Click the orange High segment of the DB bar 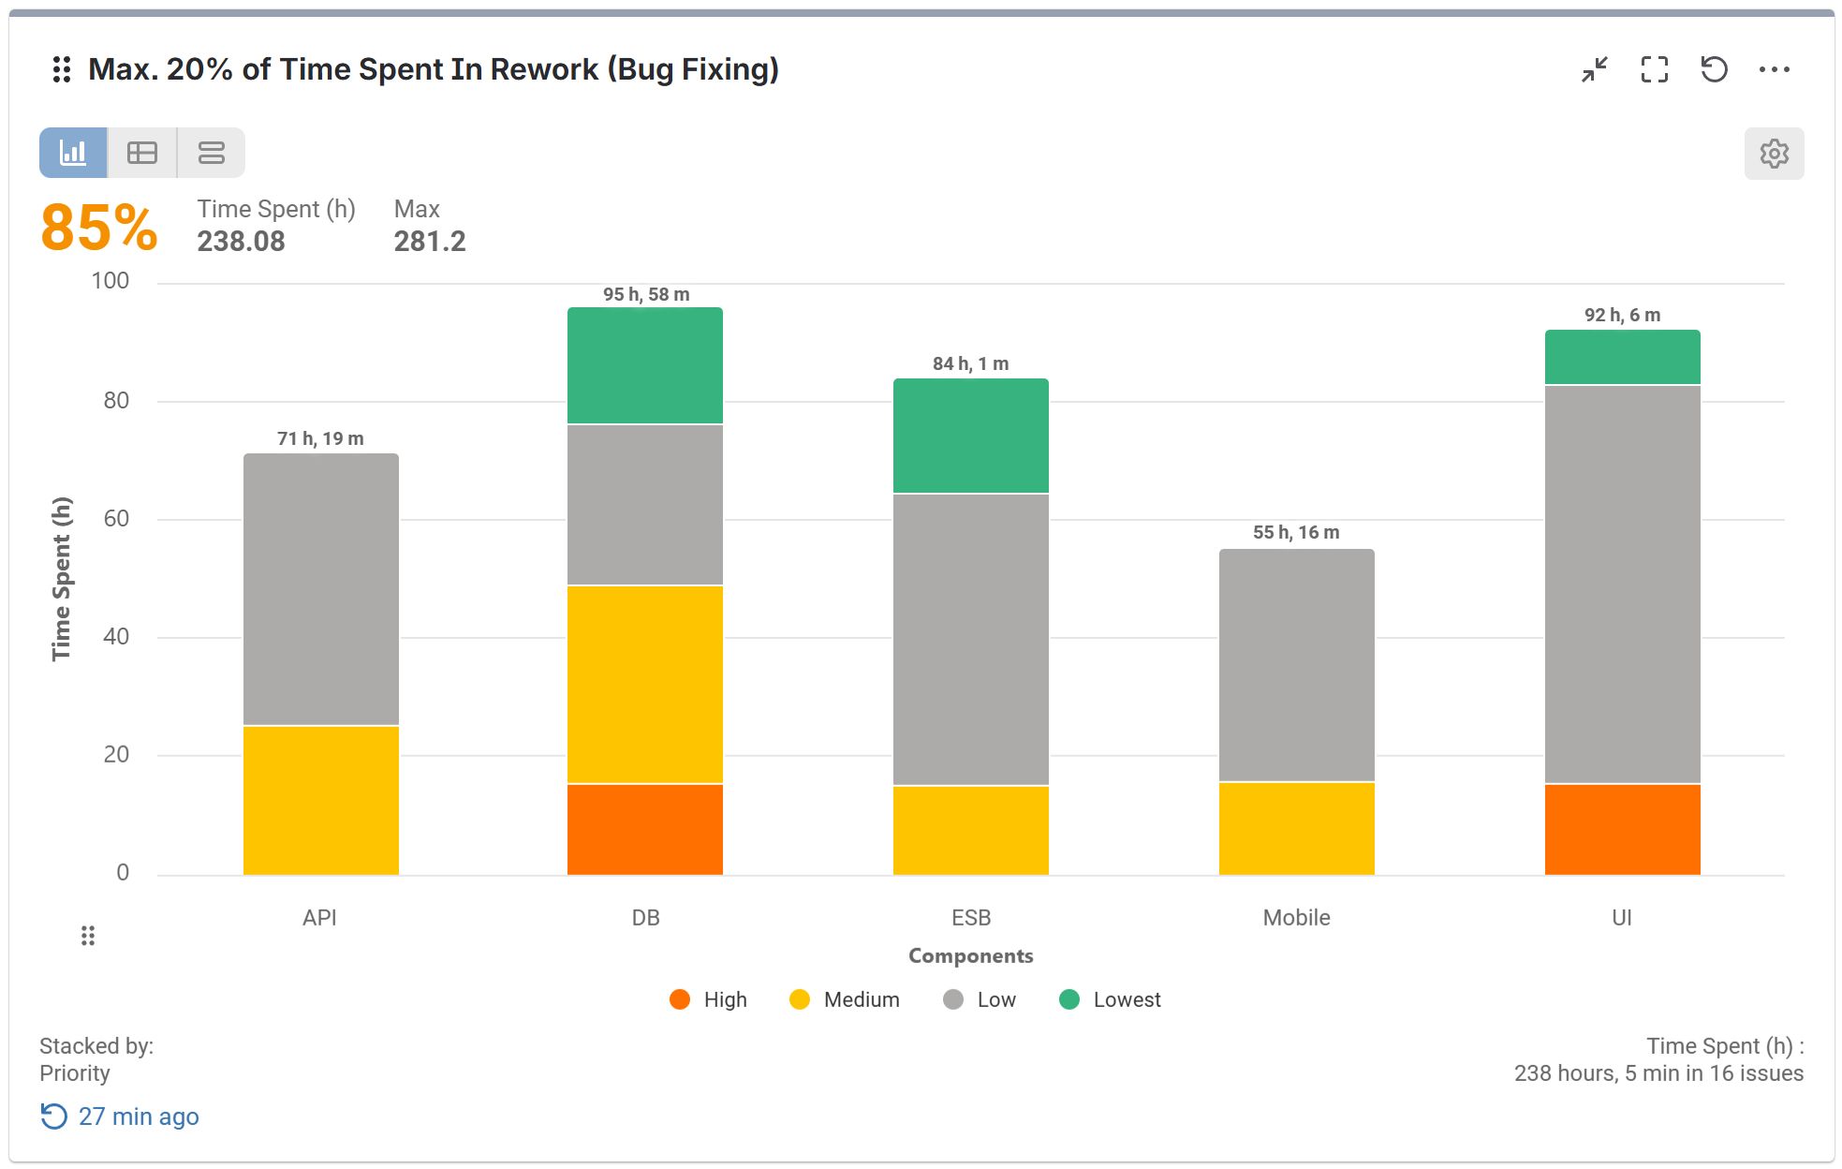coord(644,829)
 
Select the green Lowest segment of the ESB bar coord(970,436)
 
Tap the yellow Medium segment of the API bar coord(320,800)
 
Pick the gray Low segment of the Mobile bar coord(1296,665)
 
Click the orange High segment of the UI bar coord(1622,829)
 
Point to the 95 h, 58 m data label coord(646,294)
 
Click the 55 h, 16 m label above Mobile coord(1296,532)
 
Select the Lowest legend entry coord(1111,999)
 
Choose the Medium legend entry coord(845,999)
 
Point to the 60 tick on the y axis coord(116,518)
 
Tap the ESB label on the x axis coord(971,917)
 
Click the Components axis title coord(970,955)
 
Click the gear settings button coord(1774,153)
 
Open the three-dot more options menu coord(1774,69)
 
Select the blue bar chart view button coord(73,153)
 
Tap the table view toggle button coord(142,153)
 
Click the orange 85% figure coord(99,228)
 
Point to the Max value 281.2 coord(430,242)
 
